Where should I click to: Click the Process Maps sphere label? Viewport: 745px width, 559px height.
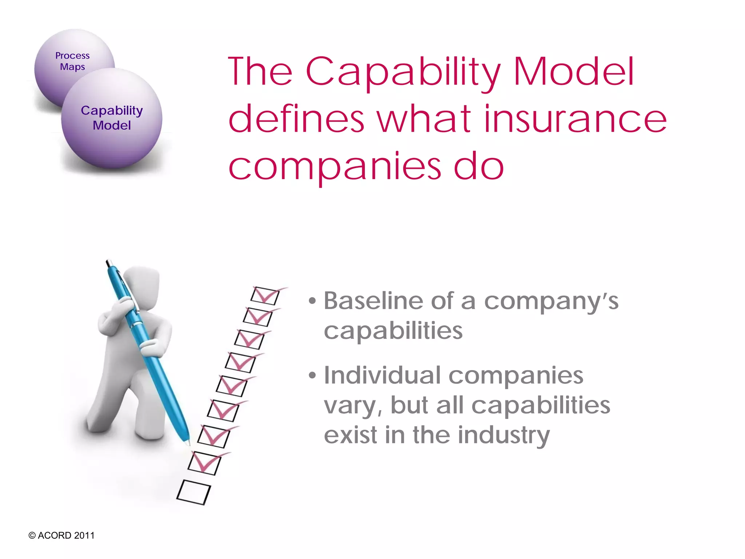(x=72, y=61)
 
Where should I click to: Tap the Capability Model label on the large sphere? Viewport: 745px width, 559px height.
(x=112, y=118)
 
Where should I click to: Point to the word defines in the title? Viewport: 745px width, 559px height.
(x=296, y=119)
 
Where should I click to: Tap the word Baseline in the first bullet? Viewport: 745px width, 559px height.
(x=373, y=301)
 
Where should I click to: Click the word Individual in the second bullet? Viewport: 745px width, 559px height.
(x=382, y=375)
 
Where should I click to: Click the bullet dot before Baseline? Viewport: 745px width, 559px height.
(x=312, y=301)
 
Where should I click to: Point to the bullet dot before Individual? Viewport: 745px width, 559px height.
(x=312, y=375)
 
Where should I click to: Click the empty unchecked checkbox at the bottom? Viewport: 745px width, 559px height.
(x=193, y=492)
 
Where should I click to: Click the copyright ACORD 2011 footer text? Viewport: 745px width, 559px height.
(x=61, y=535)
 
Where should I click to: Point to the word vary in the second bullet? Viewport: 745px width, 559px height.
(x=352, y=406)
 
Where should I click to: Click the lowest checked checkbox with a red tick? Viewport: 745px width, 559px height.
(x=204, y=463)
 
